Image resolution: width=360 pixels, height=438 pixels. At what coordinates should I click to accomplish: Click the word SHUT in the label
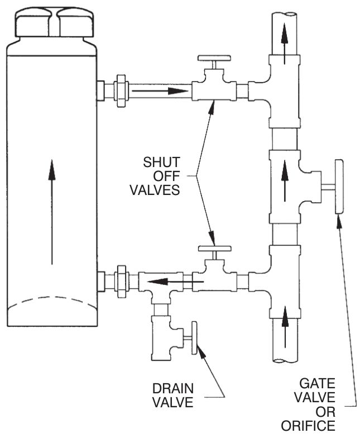pyautogui.click(x=161, y=162)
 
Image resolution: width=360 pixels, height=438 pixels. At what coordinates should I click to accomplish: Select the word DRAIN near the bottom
pyautogui.click(x=173, y=389)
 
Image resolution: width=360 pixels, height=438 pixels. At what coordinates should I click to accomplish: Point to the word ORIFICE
pyautogui.click(x=308, y=426)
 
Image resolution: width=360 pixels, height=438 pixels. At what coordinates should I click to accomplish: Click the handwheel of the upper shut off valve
pyautogui.click(x=214, y=58)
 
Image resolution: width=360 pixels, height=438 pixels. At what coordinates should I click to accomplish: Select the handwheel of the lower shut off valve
pyautogui.click(x=214, y=248)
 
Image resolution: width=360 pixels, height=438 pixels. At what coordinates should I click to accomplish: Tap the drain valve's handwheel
pyautogui.click(x=194, y=337)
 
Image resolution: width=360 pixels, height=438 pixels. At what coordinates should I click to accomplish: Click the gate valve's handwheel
pyautogui.click(x=339, y=187)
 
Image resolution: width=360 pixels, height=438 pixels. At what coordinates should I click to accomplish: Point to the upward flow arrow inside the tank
pyautogui.click(x=51, y=211)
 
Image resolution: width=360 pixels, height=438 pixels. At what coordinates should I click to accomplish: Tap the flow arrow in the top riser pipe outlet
pyautogui.click(x=285, y=44)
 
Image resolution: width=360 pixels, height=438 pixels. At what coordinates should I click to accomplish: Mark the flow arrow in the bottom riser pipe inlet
pyautogui.click(x=285, y=326)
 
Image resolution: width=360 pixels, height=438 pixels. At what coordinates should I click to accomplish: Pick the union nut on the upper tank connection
pyautogui.click(x=121, y=91)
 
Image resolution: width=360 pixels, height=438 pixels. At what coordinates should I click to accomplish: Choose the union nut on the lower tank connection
pyautogui.click(x=121, y=282)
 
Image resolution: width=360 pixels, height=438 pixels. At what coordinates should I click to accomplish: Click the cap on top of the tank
pyautogui.click(x=55, y=22)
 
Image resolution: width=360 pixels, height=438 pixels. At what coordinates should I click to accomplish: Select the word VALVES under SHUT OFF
pyautogui.click(x=155, y=190)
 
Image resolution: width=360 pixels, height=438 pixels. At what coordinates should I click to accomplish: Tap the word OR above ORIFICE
pyautogui.click(x=325, y=412)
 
